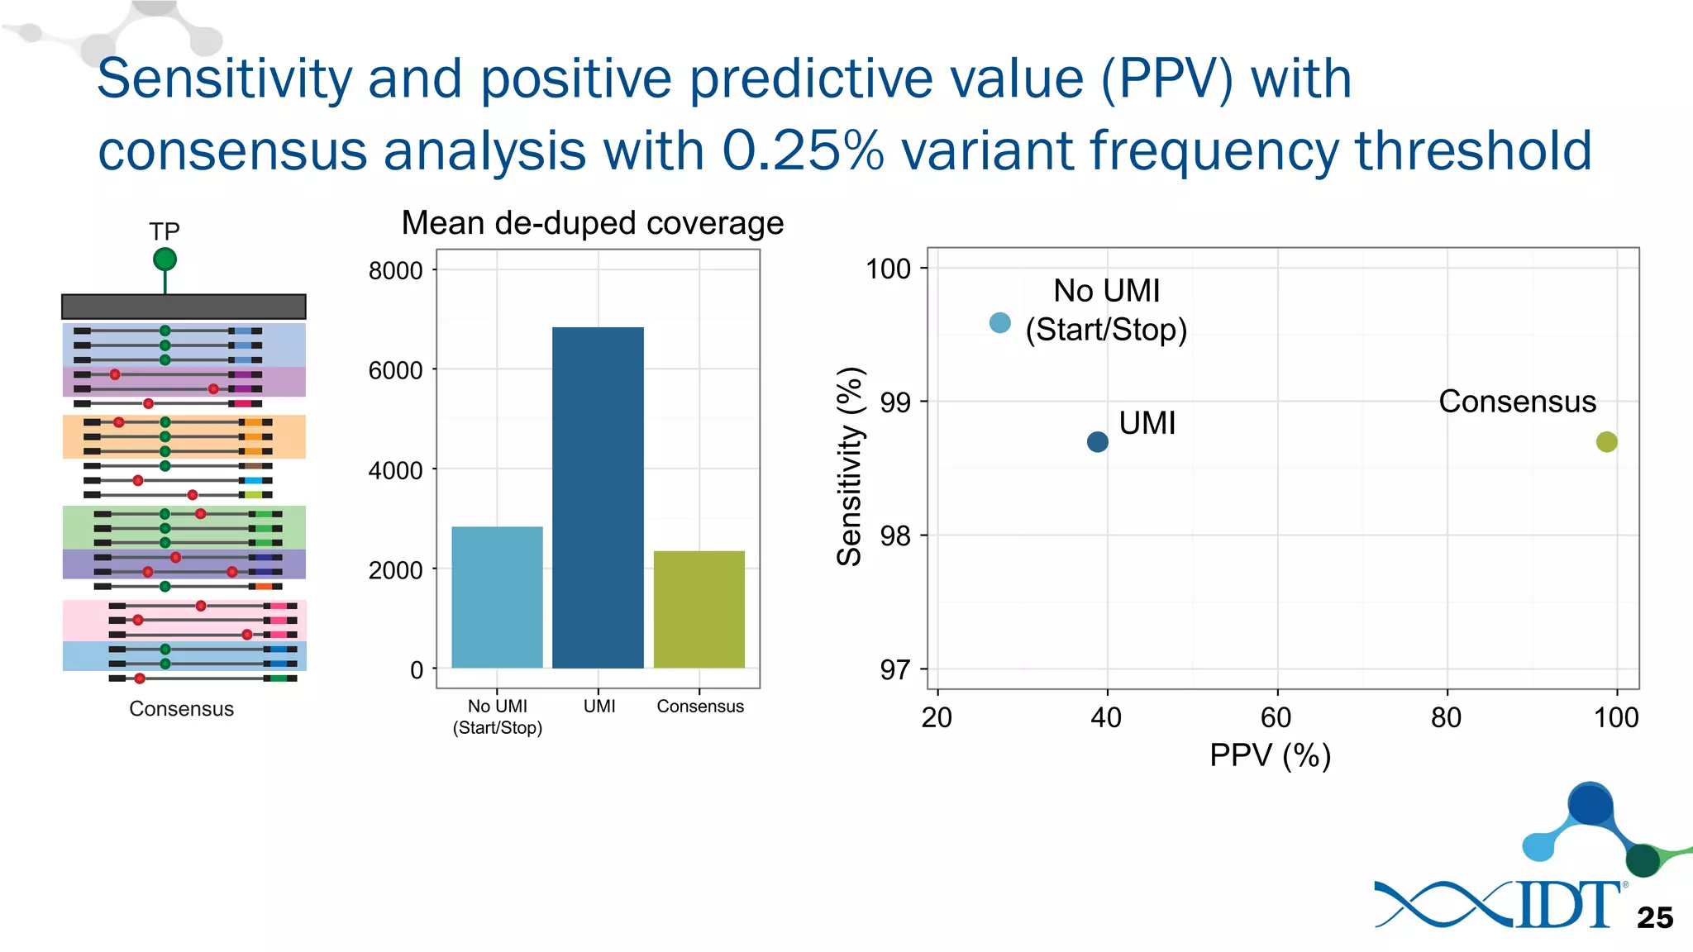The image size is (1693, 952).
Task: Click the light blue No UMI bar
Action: point(497,597)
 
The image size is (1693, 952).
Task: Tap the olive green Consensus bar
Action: point(699,609)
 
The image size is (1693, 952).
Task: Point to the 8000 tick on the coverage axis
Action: point(395,270)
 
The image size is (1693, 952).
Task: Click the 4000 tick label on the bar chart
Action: point(395,470)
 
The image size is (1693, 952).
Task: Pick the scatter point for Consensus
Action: point(1606,442)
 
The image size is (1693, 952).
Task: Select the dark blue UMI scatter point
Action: point(1097,442)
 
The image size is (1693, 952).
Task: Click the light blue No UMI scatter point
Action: point(999,323)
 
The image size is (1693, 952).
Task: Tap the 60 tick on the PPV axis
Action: point(1276,717)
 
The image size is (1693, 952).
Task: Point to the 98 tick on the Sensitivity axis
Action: point(894,536)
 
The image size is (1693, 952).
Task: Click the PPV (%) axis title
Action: point(1270,755)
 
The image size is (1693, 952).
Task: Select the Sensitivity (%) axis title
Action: point(850,467)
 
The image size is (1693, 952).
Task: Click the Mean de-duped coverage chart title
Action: point(592,223)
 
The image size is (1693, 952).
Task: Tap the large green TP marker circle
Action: point(165,259)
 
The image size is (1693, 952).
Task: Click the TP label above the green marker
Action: point(164,231)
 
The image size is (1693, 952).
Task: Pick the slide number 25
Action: point(1654,917)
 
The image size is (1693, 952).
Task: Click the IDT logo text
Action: point(1567,906)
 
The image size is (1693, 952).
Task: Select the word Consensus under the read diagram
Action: point(181,709)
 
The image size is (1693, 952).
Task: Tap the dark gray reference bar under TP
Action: point(184,307)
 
